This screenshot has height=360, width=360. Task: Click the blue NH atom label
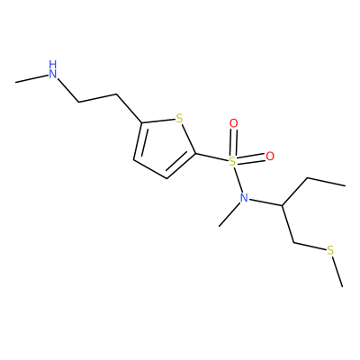(x=53, y=69)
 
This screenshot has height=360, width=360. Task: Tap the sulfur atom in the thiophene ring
(x=179, y=119)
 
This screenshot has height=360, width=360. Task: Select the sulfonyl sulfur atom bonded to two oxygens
(x=232, y=162)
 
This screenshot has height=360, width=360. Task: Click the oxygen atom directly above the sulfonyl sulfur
(x=233, y=123)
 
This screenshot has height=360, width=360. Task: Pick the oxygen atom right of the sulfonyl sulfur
(x=270, y=157)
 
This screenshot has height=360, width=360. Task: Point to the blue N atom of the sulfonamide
(x=244, y=198)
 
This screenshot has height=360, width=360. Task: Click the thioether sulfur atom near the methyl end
(x=330, y=250)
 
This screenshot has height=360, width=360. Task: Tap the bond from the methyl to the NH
(x=32, y=77)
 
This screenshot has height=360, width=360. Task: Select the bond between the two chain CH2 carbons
(x=98, y=99)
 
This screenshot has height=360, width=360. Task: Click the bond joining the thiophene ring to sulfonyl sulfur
(x=211, y=157)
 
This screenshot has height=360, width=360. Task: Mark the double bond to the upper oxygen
(x=233, y=143)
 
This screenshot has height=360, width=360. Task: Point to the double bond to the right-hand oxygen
(x=251, y=159)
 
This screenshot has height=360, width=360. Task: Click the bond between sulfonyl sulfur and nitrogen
(x=238, y=180)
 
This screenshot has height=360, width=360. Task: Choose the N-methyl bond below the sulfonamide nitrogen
(x=229, y=214)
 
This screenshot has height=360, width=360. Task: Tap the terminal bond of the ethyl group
(x=326, y=182)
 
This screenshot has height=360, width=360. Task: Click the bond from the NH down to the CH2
(x=68, y=91)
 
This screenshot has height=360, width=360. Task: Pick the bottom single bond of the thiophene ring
(x=150, y=169)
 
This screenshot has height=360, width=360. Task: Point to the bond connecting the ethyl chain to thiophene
(x=130, y=109)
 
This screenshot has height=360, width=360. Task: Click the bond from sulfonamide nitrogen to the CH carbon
(x=265, y=202)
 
